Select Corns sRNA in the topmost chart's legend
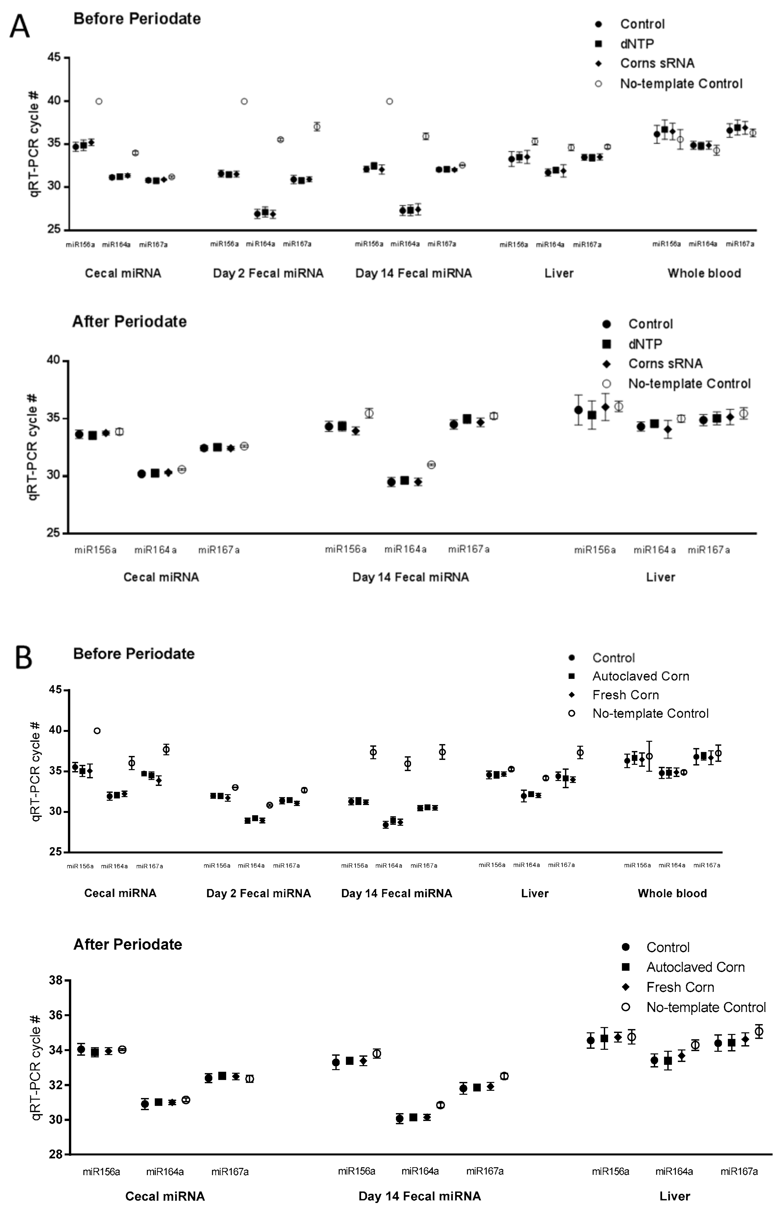tap(657, 63)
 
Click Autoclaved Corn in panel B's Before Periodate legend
tap(640, 676)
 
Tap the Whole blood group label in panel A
tap(704, 273)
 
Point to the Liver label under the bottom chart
tap(675, 1196)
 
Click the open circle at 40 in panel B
tap(97, 731)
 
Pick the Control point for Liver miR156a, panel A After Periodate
tap(578, 410)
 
